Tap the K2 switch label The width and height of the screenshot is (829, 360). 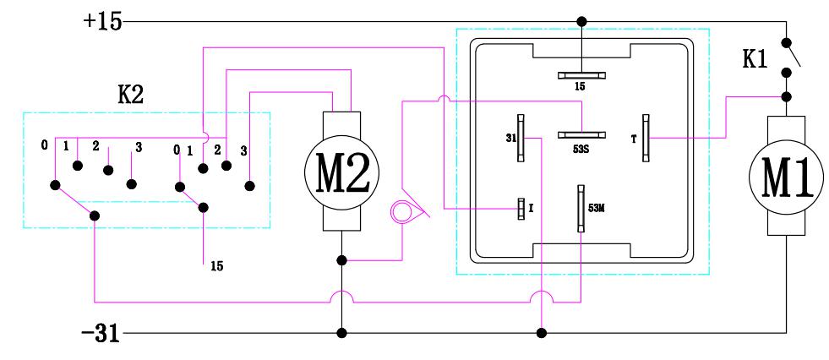click(x=132, y=94)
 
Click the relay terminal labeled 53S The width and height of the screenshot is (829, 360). click(x=581, y=134)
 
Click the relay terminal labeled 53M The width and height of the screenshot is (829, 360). click(x=581, y=208)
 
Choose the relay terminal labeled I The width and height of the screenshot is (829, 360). click(x=521, y=209)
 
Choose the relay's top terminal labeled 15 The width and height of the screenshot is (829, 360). click(x=581, y=74)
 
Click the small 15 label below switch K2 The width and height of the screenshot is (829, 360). click(x=216, y=265)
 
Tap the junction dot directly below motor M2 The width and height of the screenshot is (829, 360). click(x=341, y=261)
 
